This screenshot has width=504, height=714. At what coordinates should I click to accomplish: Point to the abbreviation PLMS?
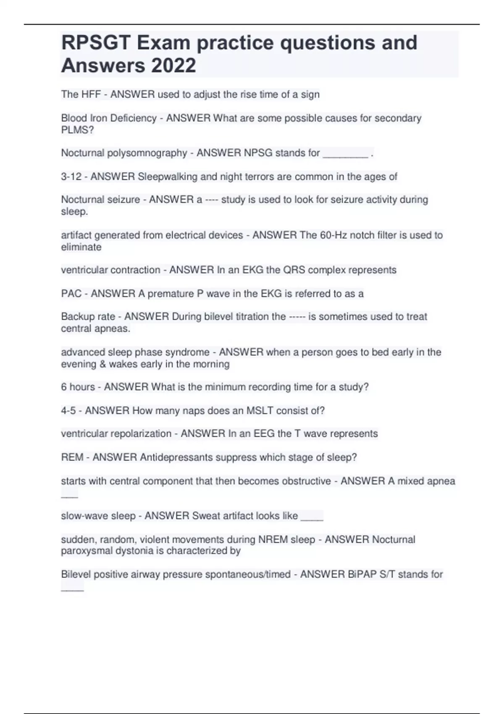coord(77,130)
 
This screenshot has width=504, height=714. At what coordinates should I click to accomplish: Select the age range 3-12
coord(71,177)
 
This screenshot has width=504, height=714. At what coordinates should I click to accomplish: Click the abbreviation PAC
coord(71,294)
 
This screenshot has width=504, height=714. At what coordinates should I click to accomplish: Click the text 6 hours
coord(78,387)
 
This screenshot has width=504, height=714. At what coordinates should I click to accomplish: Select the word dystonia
coord(127,551)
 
